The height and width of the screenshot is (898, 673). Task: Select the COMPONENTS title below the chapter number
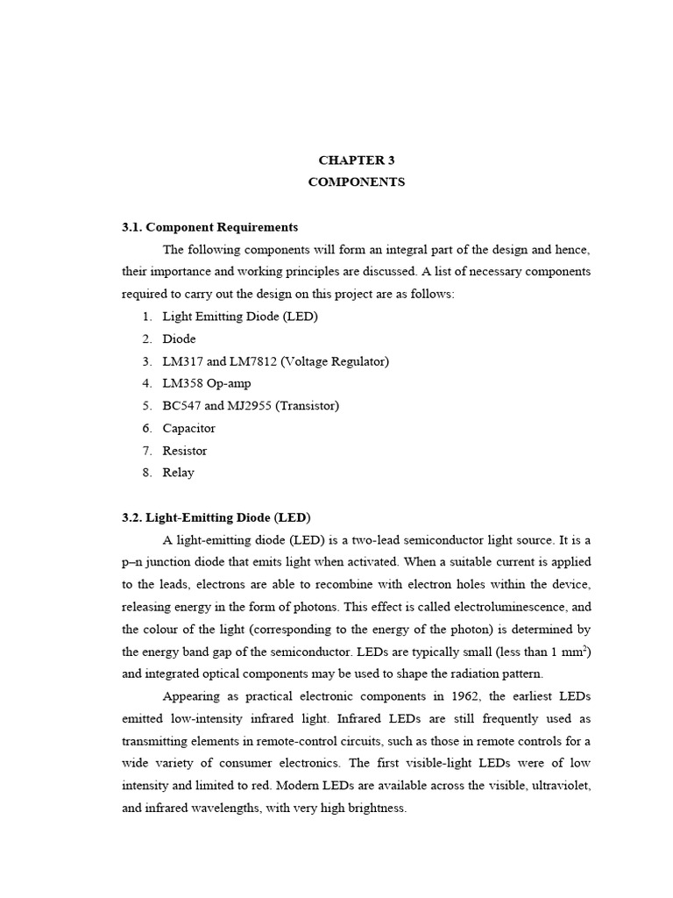[x=357, y=182]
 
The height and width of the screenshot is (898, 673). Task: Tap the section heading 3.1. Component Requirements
[x=210, y=227]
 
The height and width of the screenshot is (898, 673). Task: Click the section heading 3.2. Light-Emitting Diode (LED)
[x=216, y=517]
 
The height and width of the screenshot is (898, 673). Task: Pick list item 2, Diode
[x=179, y=339]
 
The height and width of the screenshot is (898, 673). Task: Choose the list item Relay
[x=178, y=473]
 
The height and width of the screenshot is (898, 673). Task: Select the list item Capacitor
[x=188, y=428]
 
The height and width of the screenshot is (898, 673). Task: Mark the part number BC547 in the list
[x=182, y=406]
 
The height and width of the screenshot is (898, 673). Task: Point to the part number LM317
[x=183, y=361]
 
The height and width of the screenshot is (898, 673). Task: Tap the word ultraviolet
[x=553, y=785]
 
